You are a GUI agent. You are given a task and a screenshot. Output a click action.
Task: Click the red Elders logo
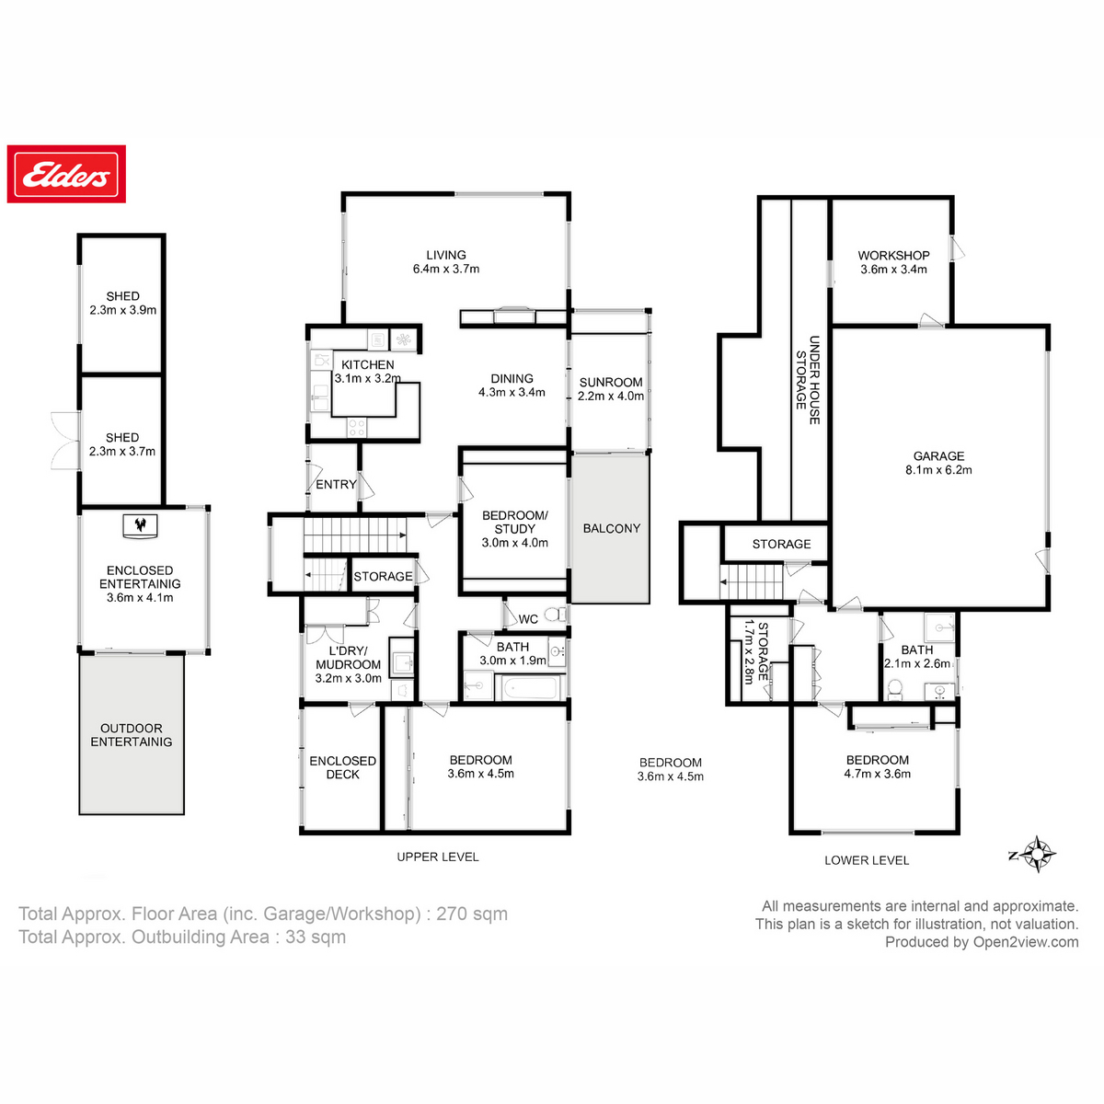(x=66, y=174)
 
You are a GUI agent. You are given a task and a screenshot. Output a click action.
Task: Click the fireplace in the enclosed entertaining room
(x=141, y=525)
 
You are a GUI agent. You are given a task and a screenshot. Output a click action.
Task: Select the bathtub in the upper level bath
(x=529, y=687)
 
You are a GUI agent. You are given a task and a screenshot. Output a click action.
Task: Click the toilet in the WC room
(x=554, y=615)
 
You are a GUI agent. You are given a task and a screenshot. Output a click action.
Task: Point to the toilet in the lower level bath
(x=894, y=689)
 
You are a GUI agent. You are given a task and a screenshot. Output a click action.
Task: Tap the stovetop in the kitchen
(x=357, y=428)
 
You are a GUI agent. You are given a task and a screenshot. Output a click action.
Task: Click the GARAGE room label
(x=938, y=456)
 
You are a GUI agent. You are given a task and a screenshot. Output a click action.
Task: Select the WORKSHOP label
(x=893, y=256)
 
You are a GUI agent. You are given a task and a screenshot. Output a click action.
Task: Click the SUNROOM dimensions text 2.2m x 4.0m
(x=611, y=396)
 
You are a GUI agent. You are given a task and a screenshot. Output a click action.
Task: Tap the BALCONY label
(x=611, y=528)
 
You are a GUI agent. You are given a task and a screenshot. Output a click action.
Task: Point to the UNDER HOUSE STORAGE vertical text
(x=808, y=380)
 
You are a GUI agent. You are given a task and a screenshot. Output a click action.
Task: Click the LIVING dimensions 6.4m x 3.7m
(x=446, y=269)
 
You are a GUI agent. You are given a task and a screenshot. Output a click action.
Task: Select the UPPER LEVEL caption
(x=438, y=857)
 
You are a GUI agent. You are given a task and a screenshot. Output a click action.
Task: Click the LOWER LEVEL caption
(x=867, y=860)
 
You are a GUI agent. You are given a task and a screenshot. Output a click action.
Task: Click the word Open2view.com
(x=1026, y=942)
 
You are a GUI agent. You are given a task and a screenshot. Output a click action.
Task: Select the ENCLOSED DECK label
(x=342, y=767)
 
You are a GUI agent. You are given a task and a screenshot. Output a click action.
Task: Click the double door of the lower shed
(x=65, y=441)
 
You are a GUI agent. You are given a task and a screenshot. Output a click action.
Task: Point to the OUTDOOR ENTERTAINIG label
(x=132, y=735)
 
